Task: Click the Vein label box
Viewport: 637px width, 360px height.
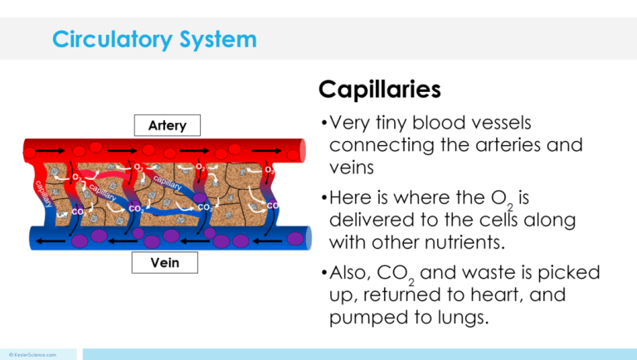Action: [x=167, y=263]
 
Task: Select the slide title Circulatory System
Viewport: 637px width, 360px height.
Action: [x=153, y=39]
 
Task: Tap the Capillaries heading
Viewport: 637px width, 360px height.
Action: [x=379, y=88]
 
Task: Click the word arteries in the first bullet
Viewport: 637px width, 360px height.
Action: [x=510, y=144]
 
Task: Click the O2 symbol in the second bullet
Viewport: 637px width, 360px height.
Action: [x=503, y=200]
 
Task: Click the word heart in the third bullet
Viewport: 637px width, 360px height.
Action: [x=490, y=295]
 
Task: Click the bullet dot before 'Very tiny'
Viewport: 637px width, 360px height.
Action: [x=323, y=124]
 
